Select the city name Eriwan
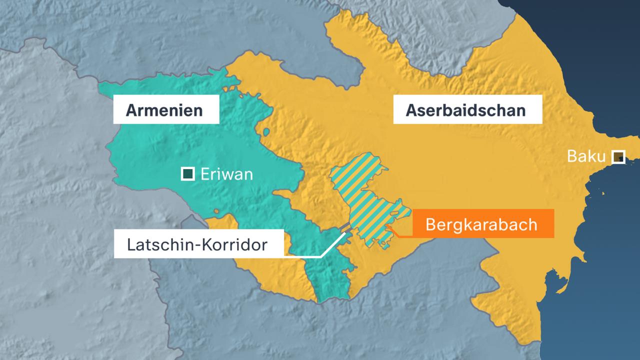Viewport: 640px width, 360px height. pyautogui.click(x=226, y=174)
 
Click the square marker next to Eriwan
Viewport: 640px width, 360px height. pyautogui.click(x=188, y=174)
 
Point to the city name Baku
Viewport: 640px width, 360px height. pyautogui.click(x=586, y=156)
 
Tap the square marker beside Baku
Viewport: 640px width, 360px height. pyautogui.click(x=618, y=157)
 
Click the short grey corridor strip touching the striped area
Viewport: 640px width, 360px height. pyautogui.click(x=344, y=228)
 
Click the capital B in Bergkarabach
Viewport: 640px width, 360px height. pyautogui.click(x=430, y=224)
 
